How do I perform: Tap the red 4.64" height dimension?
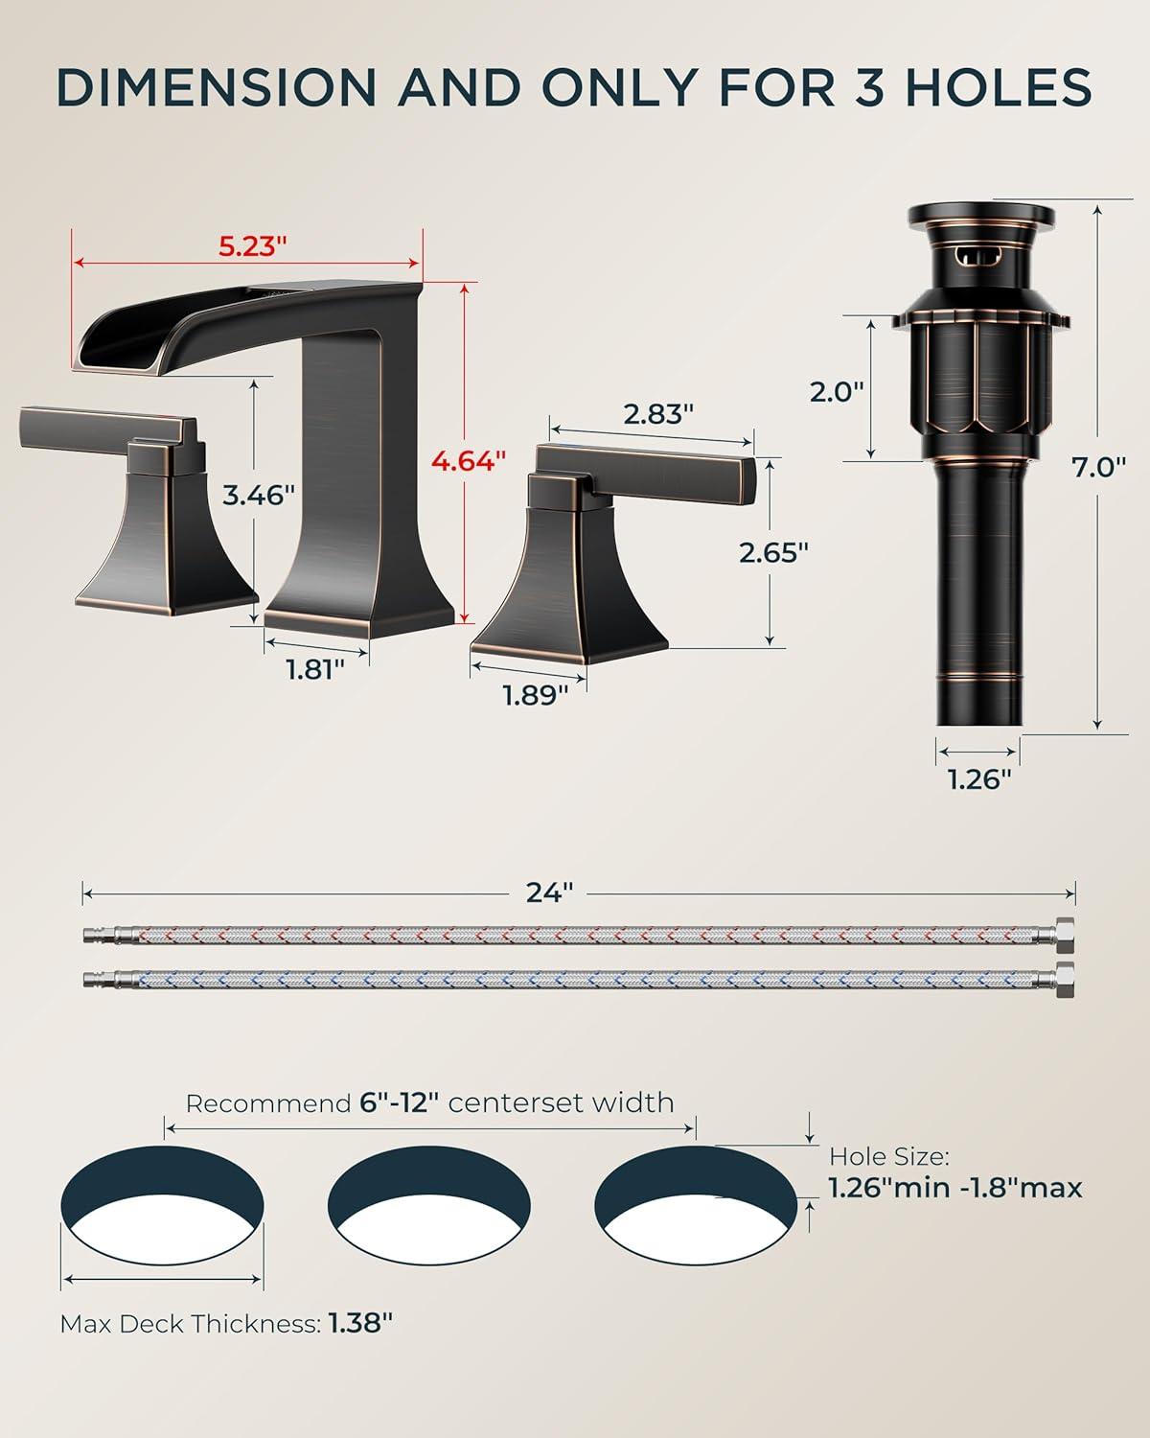[469, 460]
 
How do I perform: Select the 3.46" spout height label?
[259, 495]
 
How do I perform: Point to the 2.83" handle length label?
[658, 414]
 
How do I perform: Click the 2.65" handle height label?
[773, 552]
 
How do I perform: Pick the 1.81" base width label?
[315, 669]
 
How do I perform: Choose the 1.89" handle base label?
[536, 696]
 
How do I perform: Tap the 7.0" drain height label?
[1099, 468]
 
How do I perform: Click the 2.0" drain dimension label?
[837, 391]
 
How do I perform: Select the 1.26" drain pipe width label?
[979, 779]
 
